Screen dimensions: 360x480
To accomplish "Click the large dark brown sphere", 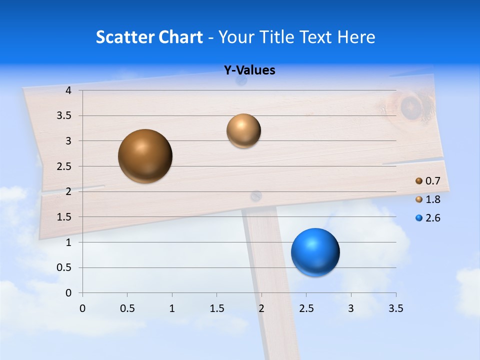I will coord(145,156).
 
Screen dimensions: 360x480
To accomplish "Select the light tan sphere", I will coord(243,130).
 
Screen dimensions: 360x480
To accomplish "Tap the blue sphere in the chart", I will coord(315,252).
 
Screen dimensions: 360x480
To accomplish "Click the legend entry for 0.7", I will coord(427,181).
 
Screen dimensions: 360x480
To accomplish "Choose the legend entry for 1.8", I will coord(427,199).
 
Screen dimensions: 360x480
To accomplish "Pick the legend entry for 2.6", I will coord(427,218).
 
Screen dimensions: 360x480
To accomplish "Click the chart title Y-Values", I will coord(249,70).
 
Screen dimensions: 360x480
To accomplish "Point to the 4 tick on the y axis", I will coord(68,90).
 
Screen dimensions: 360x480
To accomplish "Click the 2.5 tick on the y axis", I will coord(64,166).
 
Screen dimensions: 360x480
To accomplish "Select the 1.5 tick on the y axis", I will coord(64,217).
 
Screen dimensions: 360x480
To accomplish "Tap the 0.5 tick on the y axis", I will coord(64,267).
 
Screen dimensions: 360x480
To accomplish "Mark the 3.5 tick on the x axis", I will coord(395,308).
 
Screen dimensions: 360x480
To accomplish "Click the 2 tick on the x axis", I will coord(261,308).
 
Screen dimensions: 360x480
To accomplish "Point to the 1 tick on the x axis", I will coord(172,308).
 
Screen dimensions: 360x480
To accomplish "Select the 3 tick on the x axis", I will coord(351,308).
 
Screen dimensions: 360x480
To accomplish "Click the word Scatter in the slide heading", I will coord(125,37).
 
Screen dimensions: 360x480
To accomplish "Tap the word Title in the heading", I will coord(283,37).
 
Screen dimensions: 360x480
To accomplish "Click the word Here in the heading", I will coord(355,37).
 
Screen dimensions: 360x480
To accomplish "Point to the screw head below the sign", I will coord(256,196).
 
